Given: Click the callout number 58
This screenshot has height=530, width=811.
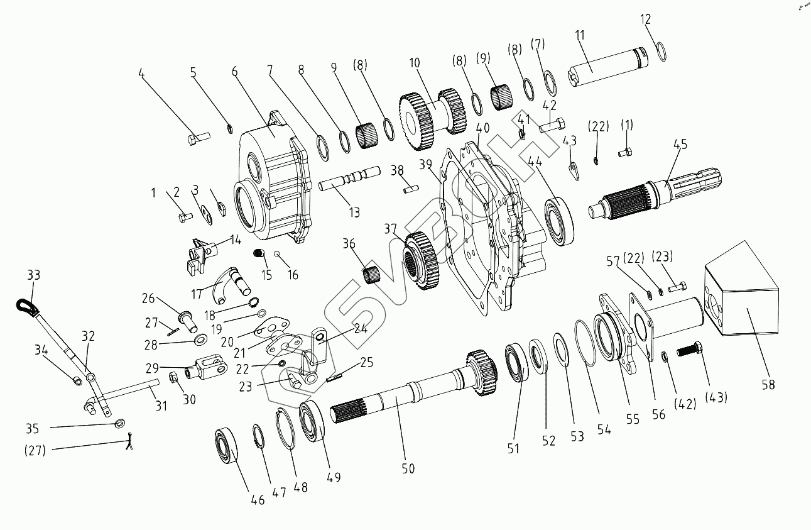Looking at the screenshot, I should pyautogui.click(x=768, y=384).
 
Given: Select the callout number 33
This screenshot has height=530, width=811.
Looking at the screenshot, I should pyautogui.click(x=33, y=275).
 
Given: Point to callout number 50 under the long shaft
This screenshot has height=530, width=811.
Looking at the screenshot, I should pyautogui.click(x=409, y=468).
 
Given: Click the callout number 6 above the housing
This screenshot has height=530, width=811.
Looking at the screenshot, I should pyautogui.click(x=234, y=71).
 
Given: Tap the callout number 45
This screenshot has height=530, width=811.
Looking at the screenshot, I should pyautogui.click(x=680, y=144).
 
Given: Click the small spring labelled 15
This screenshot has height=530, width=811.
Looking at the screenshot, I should pyautogui.click(x=258, y=254).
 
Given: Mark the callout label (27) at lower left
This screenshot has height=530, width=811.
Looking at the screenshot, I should pyautogui.click(x=35, y=450).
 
